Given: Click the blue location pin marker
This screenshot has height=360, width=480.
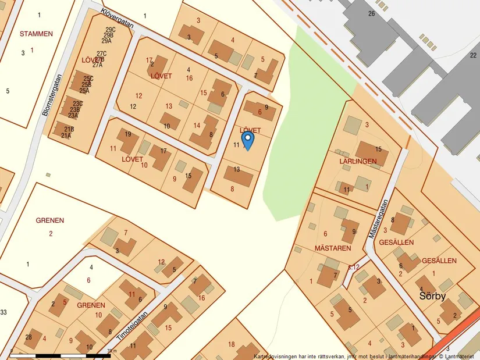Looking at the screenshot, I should point(247,140).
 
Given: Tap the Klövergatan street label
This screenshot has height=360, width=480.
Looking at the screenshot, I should point(117,18).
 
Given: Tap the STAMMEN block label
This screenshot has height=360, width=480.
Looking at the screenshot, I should point(35,34).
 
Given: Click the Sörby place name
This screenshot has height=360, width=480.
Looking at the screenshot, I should point(432,296).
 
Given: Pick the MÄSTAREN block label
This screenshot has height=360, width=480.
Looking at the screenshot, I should point(333,248).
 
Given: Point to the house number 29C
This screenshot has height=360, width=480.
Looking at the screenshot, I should point(110,29).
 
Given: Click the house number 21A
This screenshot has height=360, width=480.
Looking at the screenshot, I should point(66,136).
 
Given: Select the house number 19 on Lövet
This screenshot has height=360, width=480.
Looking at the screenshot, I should point(128,134).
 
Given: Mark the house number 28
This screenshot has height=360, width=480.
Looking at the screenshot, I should point(29,337).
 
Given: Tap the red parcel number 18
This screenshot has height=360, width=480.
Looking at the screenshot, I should point(232,344).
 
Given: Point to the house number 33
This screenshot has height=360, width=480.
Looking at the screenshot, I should point(3,313).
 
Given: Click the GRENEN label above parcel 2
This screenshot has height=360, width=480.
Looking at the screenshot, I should point(50,220).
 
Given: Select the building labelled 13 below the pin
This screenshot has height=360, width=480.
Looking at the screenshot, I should point(237,169).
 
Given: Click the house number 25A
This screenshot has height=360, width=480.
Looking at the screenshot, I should point(84,90).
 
